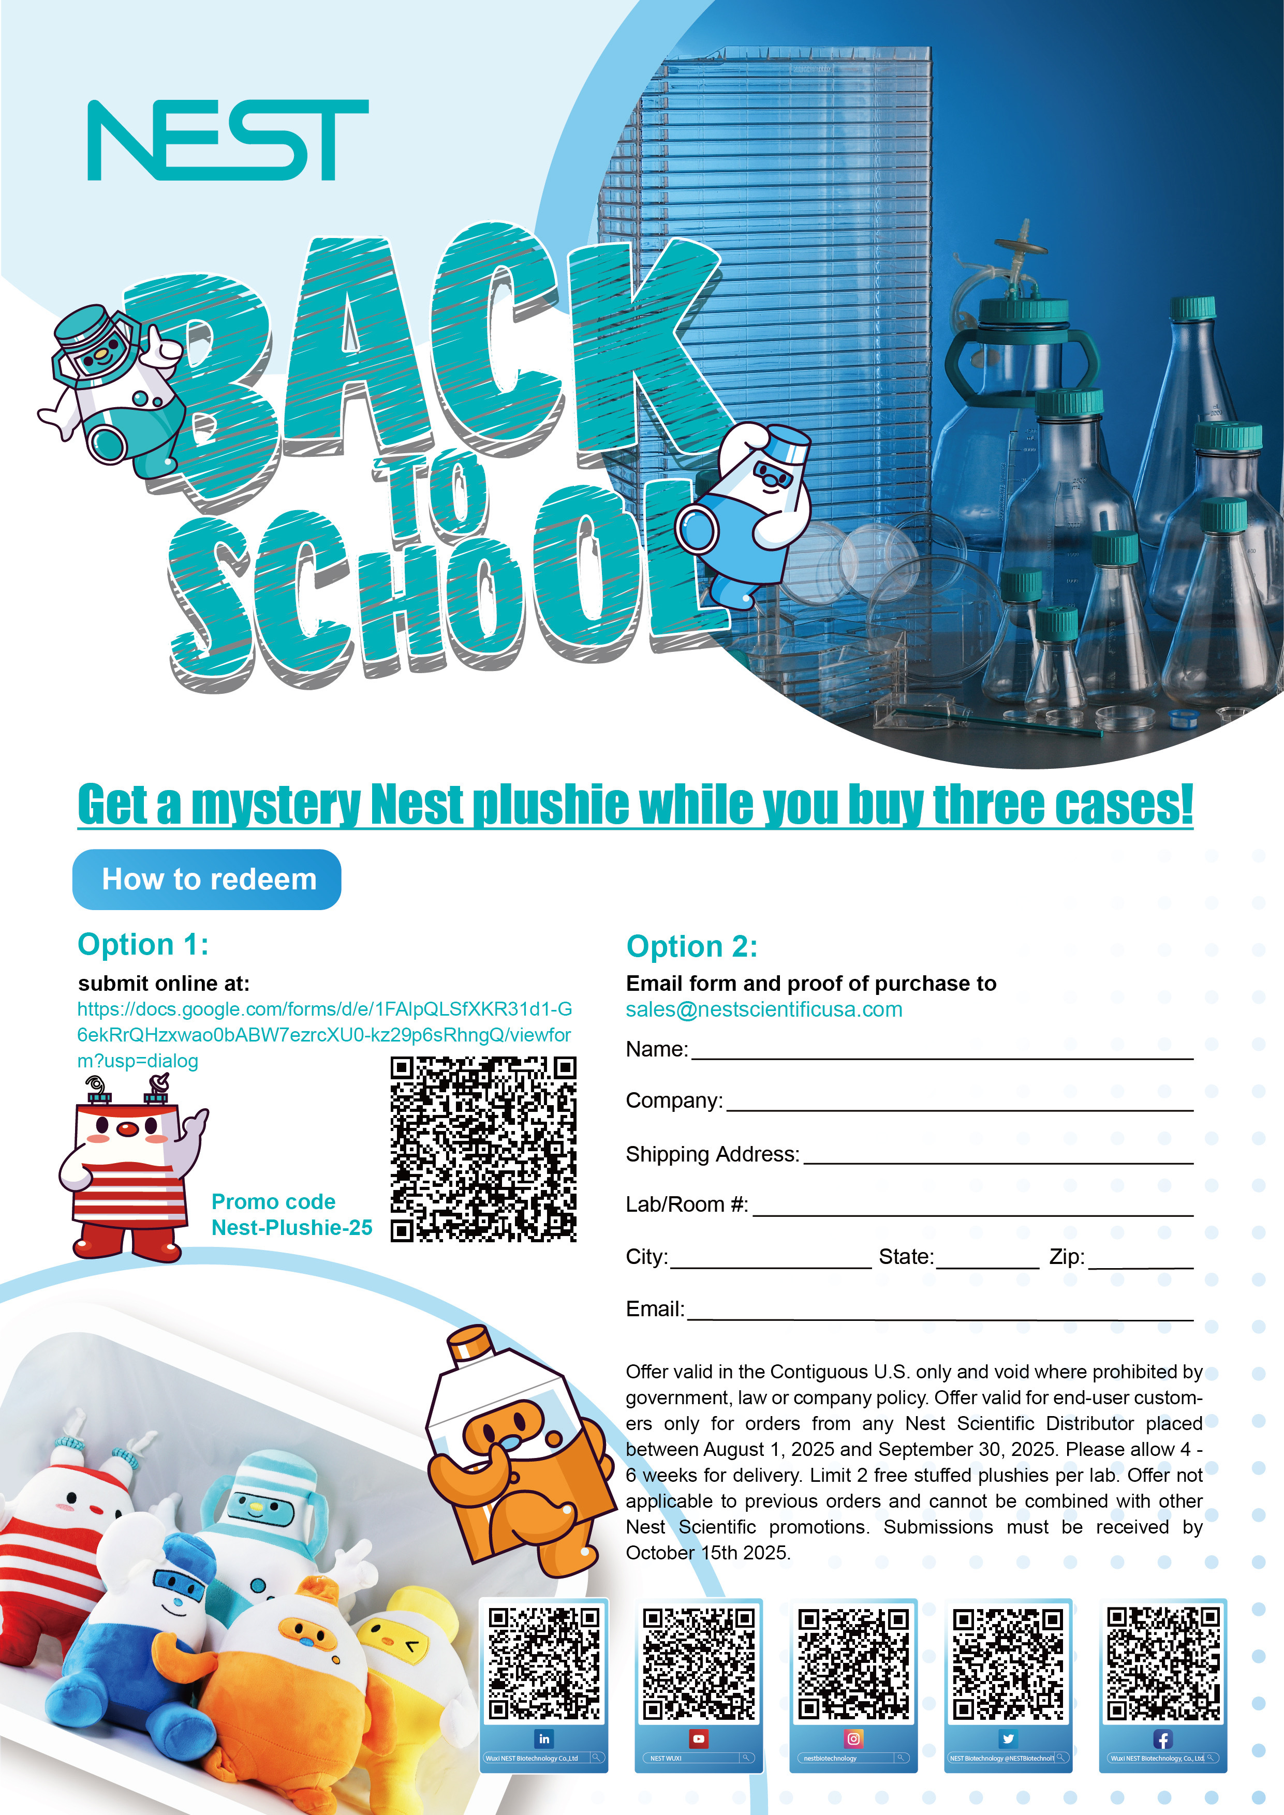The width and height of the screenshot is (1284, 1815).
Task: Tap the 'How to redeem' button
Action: (x=207, y=879)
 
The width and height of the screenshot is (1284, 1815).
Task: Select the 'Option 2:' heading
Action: (x=692, y=946)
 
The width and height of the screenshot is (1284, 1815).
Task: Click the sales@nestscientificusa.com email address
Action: (x=764, y=1009)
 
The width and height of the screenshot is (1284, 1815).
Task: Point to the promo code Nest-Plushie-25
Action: (x=292, y=1228)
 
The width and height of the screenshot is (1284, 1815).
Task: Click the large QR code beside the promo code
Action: (x=483, y=1150)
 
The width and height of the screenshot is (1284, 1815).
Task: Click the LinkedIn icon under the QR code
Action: (x=544, y=1738)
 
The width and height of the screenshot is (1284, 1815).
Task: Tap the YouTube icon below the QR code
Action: (x=698, y=1738)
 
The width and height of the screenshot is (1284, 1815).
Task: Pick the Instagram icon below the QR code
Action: (x=853, y=1738)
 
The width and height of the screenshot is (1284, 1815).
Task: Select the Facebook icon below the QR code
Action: (x=1162, y=1739)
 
